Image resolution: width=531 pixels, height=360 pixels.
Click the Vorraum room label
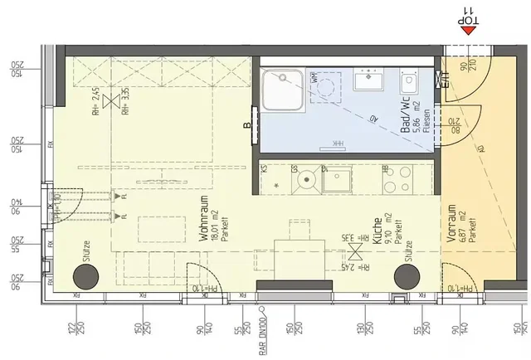point(453,223)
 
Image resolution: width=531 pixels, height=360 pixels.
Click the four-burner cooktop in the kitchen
point(396,178)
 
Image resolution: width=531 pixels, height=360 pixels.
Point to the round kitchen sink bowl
point(304,178)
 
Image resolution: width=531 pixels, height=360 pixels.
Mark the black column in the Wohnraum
point(84,277)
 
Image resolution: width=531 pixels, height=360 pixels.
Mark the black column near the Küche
point(407,277)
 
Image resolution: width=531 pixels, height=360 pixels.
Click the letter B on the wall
point(247,126)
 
